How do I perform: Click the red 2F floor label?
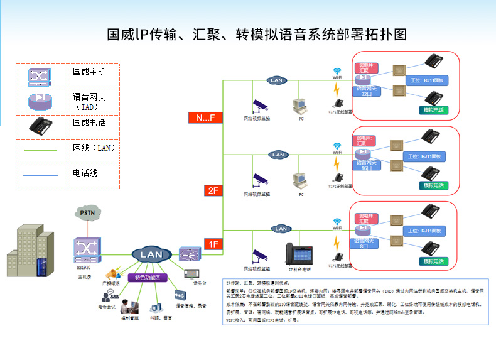[x=214, y=190]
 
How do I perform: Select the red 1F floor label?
[x=214, y=244]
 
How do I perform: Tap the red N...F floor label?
[x=205, y=117]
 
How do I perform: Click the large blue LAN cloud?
[x=151, y=254]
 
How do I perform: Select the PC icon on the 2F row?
[x=300, y=181]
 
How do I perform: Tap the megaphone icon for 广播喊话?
[x=113, y=274]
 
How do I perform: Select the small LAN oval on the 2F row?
[x=277, y=155]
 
